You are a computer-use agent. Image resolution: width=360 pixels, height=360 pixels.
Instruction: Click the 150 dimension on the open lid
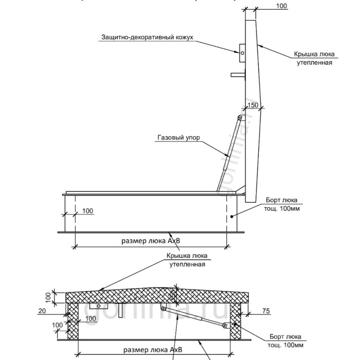[253, 105]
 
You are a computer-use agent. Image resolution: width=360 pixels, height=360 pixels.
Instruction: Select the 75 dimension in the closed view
[266, 311]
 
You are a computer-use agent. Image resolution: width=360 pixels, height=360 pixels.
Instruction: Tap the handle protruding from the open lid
[238, 75]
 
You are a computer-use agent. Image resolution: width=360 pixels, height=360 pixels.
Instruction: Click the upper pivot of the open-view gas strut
[240, 119]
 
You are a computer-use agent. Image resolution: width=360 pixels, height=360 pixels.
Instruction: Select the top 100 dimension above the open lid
[282, 6]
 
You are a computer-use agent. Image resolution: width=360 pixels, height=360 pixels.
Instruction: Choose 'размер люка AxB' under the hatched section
[153, 349]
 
